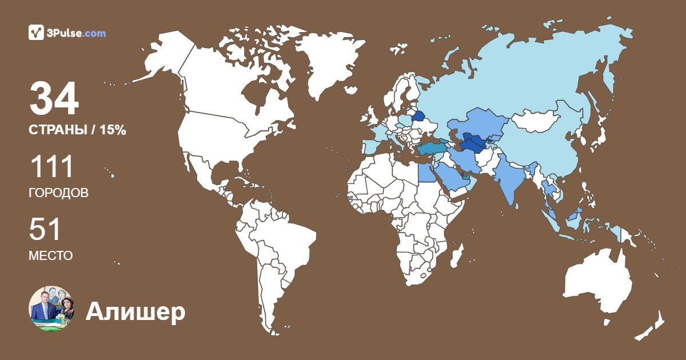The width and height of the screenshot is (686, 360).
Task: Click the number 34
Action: coord(54,99)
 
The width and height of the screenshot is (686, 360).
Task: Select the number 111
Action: coord(51,167)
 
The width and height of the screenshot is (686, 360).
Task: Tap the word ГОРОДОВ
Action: coord(58,193)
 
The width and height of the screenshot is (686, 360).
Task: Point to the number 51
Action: coord(45,230)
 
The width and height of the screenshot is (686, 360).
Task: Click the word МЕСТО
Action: coord(50,255)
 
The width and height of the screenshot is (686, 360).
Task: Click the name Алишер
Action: coord(135,312)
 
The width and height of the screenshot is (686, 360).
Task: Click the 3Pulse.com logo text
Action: coord(74,33)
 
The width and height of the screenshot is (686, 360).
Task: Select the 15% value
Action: coord(113,130)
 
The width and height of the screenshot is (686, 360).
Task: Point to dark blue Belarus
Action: coord(418,117)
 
